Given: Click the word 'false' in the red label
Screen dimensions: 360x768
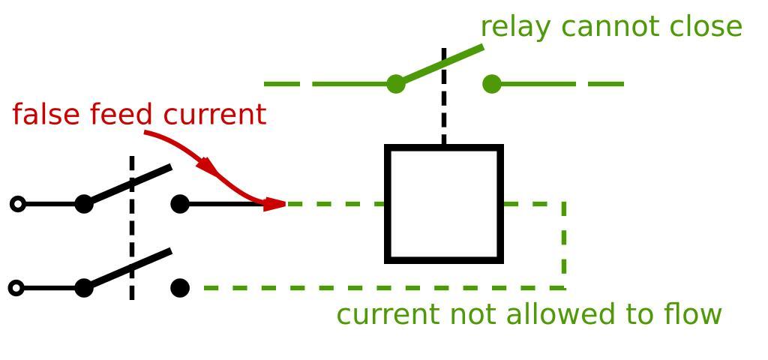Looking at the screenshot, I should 47,115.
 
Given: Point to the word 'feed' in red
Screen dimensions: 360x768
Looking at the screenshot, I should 122,115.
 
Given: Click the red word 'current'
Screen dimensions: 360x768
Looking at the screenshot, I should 214,115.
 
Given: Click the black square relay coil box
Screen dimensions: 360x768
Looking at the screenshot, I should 444,204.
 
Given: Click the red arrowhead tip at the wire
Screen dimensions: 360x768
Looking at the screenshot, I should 283,203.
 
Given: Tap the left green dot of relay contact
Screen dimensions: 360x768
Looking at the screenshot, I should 396,84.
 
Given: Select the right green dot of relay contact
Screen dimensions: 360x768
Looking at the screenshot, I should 492,84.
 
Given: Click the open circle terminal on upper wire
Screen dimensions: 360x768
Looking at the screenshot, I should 18,204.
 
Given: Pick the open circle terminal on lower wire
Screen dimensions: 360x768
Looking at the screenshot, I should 16,288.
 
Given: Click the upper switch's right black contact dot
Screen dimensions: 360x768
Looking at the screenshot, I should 180,204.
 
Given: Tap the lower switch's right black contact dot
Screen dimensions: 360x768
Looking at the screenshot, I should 180,288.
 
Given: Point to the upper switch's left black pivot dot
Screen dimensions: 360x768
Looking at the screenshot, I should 84,204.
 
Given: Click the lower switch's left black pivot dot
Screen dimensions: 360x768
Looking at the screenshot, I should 84,288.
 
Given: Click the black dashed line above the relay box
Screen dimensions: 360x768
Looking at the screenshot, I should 444,112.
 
